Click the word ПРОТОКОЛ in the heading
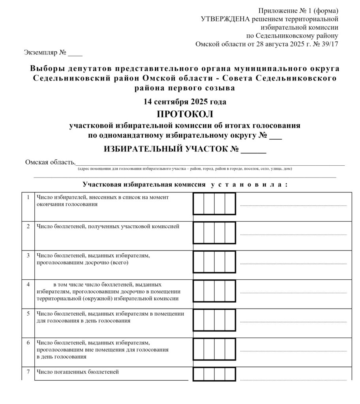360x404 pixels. (x=185, y=114)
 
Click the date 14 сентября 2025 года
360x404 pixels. (x=185, y=102)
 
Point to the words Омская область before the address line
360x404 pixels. (x=50, y=162)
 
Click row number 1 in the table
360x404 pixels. (x=28, y=197)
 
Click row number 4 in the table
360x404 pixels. (x=28, y=284)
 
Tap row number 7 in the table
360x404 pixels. (x=28, y=372)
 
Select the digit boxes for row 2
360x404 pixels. (x=214, y=232)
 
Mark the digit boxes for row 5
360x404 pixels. (x=214, y=320)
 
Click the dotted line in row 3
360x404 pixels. (x=293, y=263)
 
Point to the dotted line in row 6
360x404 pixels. (x=293, y=350)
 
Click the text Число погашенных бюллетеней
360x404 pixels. (x=78, y=372)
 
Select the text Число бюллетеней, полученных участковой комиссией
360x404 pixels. (x=108, y=226)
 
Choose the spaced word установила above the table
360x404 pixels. (x=247, y=184)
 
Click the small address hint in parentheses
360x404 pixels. (x=185, y=169)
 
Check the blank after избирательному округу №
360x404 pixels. (x=277, y=137)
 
